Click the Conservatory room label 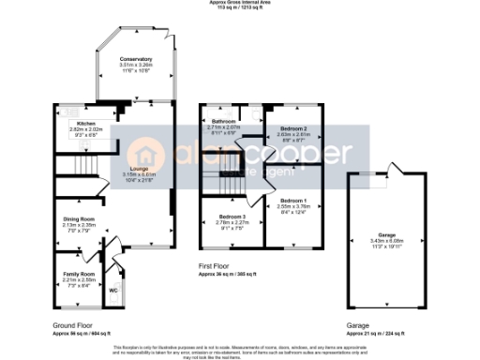click(x=136, y=59)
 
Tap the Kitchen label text click(x=74, y=123)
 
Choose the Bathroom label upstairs click(x=223, y=122)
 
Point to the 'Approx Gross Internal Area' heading click(x=240, y=3)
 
